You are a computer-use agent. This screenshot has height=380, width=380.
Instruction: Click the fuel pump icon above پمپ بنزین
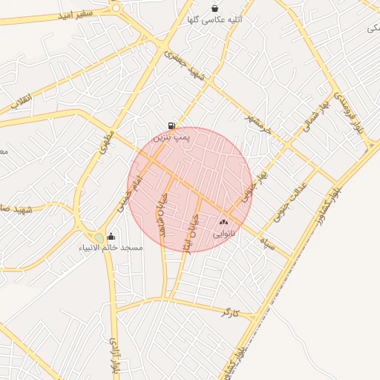(x=172, y=126)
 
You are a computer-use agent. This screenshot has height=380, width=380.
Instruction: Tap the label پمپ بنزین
(x=172, y=137)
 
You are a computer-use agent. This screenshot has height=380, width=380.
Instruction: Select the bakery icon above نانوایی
(x=223, y=222)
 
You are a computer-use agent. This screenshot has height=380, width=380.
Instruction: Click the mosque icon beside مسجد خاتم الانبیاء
(x=111, y=237)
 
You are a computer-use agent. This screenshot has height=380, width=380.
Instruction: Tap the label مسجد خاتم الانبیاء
(x=111, y=247)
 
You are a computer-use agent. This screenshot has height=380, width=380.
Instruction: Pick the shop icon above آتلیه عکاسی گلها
(x=215, y=9)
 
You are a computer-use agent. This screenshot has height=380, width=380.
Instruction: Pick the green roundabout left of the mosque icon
(x=98, y=237)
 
